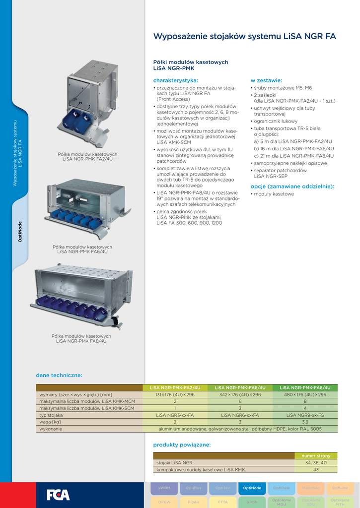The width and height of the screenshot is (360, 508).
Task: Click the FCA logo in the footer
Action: pos(58,495)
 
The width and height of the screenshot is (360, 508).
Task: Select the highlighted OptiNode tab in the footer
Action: pos(252,488)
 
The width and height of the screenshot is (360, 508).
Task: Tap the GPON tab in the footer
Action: pos(252,502)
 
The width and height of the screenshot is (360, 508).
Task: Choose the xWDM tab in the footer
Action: pos(164,488)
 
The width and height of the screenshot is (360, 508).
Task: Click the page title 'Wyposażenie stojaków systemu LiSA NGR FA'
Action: pos(244,36)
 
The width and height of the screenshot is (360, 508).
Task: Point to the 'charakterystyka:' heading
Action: pos(175,80)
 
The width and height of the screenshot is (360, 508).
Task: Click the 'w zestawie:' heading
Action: pos(266,80)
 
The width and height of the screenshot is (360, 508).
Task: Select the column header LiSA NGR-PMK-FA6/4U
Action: pos(240,387)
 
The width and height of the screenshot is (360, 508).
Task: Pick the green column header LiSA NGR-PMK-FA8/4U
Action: pos(305,387)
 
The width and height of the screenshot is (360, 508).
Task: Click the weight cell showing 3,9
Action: pos(305,422)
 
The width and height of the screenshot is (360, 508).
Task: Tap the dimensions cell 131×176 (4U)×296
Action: pos(175,394)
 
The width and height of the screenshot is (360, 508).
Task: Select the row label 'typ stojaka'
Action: pos(51,415)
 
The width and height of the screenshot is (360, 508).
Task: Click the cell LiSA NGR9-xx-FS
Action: pos(305,415)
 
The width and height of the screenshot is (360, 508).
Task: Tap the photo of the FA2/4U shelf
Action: pos(87,103)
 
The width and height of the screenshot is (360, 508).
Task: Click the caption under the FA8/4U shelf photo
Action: pos(81,338)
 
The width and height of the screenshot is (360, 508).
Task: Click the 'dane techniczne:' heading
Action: pos(59,375)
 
